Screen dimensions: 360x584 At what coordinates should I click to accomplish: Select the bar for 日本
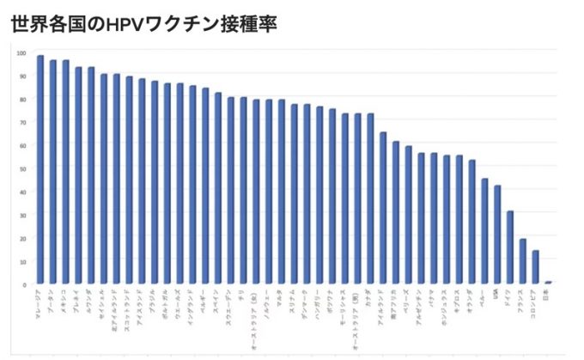[x=547, y=282]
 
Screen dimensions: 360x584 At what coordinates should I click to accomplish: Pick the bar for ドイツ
[x=509, y=247]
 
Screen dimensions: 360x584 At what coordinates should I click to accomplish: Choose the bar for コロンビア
[x=535, y=267]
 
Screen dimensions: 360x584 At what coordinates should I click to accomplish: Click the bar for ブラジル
[x=155, y=182]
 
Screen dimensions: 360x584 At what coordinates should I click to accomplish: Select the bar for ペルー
[x=484, y=231]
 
